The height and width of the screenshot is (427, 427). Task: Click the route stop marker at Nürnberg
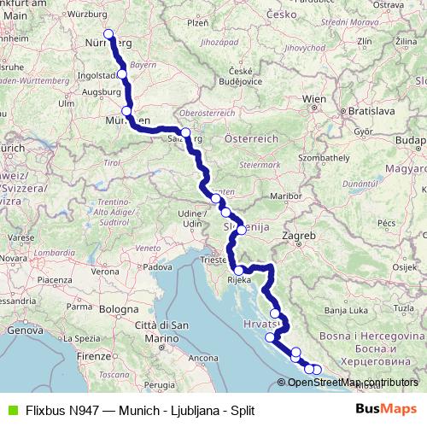pos(108,35)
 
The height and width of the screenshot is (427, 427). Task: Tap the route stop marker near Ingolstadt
pos(123,74)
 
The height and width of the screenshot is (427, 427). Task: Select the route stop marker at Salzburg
pos(185,132)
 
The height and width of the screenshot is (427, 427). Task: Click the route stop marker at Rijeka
pos(241,270)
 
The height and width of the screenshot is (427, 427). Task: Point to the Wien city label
pos(314,99)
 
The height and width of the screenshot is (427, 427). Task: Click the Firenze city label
pos(95,354)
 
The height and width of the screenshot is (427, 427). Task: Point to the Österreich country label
pos(251,137)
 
